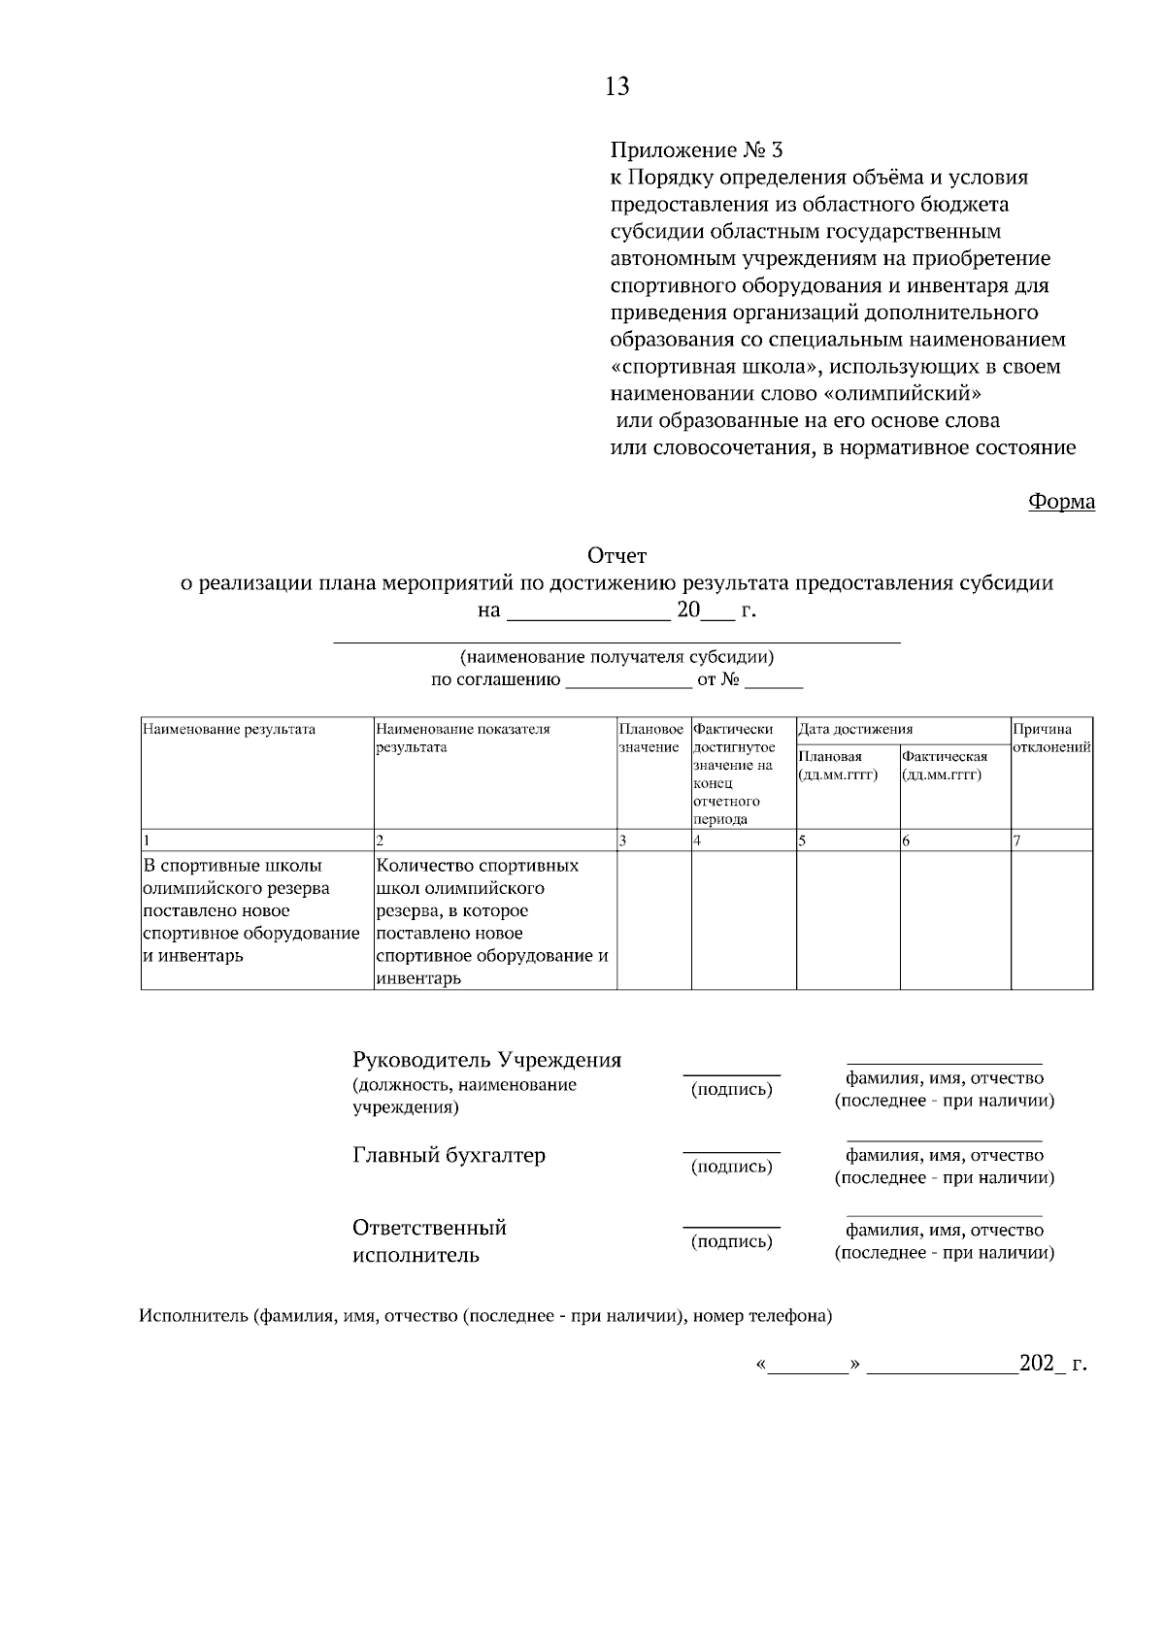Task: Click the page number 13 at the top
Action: coord(616,87)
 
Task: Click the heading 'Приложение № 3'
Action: coord(695,150)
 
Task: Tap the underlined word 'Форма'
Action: coord(1061,502)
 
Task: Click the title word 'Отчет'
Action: coord(616,556)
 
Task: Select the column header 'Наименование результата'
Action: coord(229,729)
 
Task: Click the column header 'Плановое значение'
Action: coord(651,738)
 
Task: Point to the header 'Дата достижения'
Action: coord(855,729)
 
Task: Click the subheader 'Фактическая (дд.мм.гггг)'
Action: coord(945,765)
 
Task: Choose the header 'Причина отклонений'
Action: coord(1051,738)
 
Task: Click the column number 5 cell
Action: coord(848,841)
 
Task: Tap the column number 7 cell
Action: coord(1051,841)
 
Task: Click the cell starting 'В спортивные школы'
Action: coord(250,909)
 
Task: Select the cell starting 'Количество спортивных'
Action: coord(493,921)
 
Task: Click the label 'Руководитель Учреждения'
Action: coord(486,1060)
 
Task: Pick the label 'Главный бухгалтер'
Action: coord(449,1155)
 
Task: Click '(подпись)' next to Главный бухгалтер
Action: coord(731,1167)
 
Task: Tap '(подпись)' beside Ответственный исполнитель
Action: coord(731,1241)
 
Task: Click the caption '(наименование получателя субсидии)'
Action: coord(616,657)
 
